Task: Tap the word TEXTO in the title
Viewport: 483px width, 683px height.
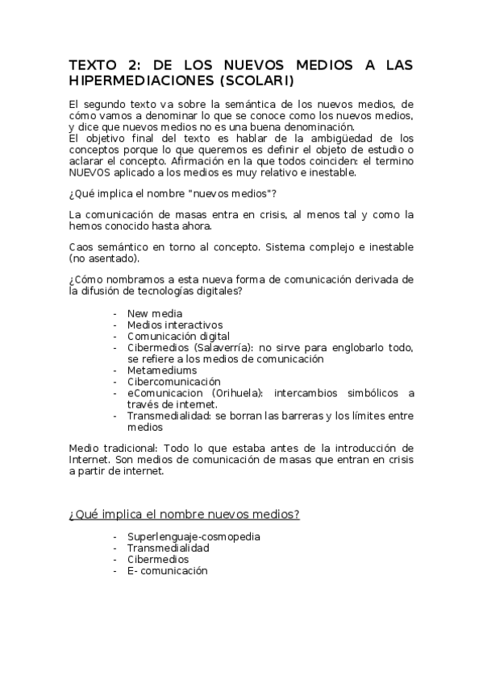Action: pyautogui.click(x=93, y=65)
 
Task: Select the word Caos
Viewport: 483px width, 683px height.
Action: pyautogui.click(x=82, y=247)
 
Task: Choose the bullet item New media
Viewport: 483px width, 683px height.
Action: pyautogui.click(x=155, y=313)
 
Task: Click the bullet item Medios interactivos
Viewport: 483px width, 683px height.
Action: pyautogui.click(x=175, y=325)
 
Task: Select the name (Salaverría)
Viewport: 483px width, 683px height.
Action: pyautogui.click(x=225, y=347)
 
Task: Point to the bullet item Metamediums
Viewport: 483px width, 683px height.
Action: pyautogui.click(x=161, y=370)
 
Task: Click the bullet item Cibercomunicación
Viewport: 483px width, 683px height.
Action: pyautogui.click(x=173, y=381)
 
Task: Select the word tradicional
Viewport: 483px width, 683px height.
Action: pyautogui.click(x=135, y=448)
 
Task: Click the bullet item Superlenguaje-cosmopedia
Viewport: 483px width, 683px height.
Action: pyautogui.click(x=194, y=536)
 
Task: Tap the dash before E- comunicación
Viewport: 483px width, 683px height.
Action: pyautogui.click(x=116, y=570)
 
